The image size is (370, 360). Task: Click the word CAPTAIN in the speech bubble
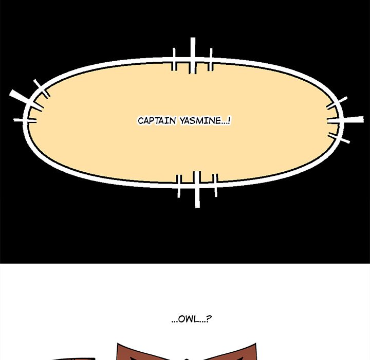pos(157,121)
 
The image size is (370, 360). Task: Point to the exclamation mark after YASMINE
pos(229,121)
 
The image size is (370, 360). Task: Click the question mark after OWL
pos(209,319)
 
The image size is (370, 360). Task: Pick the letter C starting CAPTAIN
pos(140,121)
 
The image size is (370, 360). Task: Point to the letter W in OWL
pos(188,319)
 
